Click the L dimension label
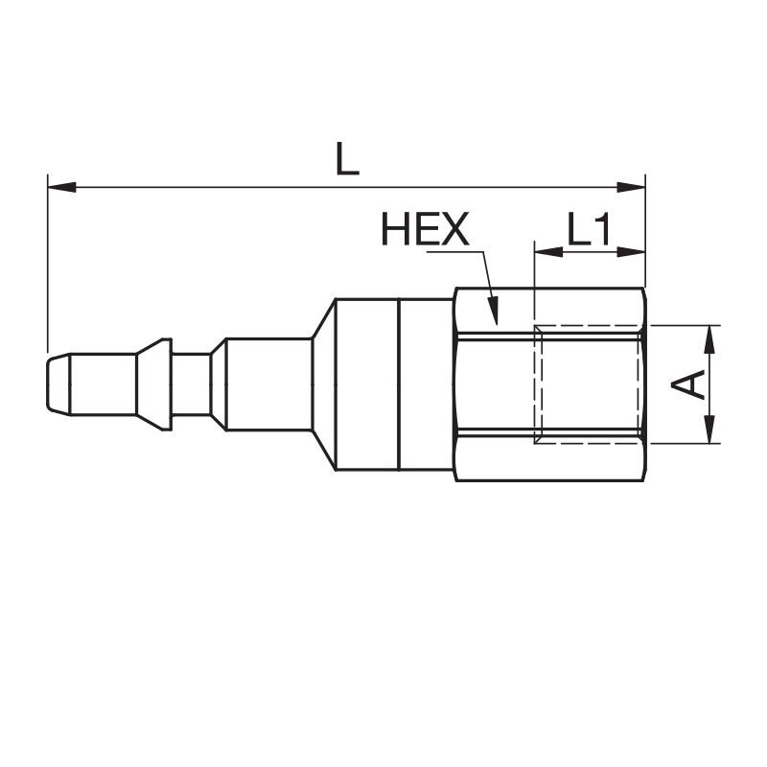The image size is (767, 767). click(347, 158)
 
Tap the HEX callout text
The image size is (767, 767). click(425, 228)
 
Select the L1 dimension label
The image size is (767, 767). click(589, 229)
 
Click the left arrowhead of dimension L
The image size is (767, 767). click(62, 187)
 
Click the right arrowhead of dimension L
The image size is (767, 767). click(631, 187)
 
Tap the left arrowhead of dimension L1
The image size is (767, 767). click(548, 252)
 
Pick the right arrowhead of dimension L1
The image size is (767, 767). click(632, 252)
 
